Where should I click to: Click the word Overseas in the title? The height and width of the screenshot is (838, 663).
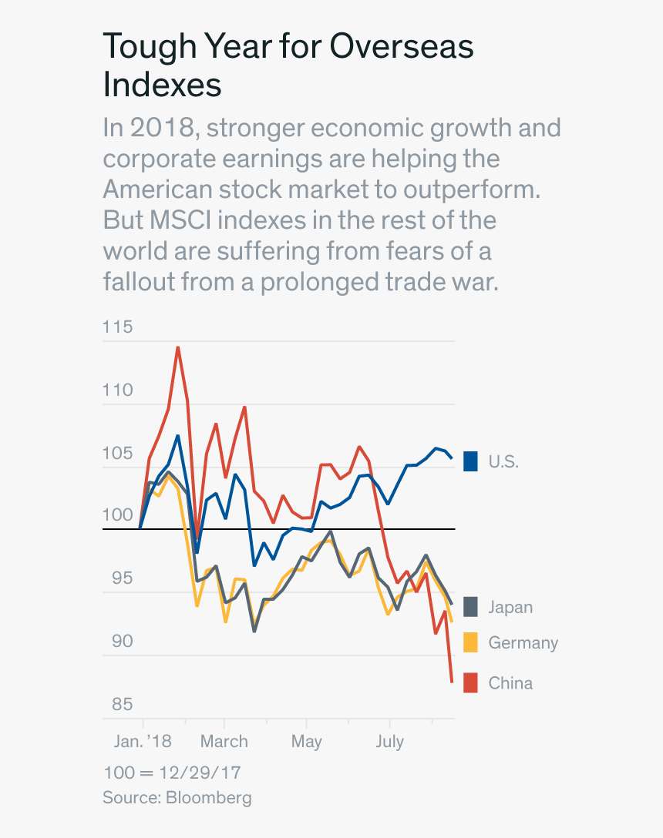coord(402,47)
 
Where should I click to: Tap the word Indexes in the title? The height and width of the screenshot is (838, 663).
coord(162,85)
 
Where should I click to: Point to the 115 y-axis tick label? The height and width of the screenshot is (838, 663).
coord(118,327)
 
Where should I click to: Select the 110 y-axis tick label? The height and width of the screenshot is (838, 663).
coord(118,391)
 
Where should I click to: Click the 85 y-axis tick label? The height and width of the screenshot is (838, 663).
coord(118,705)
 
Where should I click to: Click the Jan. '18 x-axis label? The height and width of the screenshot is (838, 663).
coord(143,742)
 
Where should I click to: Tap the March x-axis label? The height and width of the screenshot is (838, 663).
coord(224,742)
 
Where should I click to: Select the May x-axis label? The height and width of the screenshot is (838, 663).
coord(307,742)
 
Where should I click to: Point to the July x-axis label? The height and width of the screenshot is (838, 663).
coord(389,742)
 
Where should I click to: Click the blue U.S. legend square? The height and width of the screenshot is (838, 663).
coord(470,461)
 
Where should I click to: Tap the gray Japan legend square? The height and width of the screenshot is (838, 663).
coord(470,607)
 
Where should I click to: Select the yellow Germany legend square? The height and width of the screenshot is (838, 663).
coord(470,642)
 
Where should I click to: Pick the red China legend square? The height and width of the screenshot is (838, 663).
coord(470,682)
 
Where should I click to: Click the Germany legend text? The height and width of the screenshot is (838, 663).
coord(523,642)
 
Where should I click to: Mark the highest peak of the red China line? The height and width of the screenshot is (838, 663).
coord(178,347)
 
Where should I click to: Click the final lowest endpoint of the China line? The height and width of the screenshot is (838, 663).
coord(452,682)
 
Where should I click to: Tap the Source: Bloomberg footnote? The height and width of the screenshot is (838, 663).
coord(177,797)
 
